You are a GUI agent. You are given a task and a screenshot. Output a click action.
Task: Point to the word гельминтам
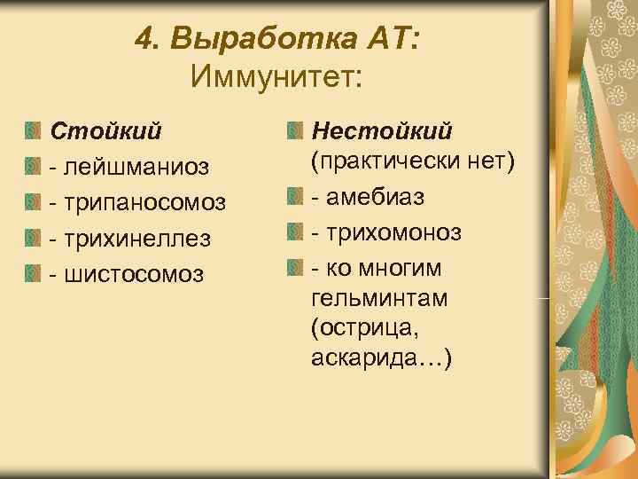click(379, 297)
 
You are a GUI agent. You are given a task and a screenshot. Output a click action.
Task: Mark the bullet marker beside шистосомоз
click(33, 271)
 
